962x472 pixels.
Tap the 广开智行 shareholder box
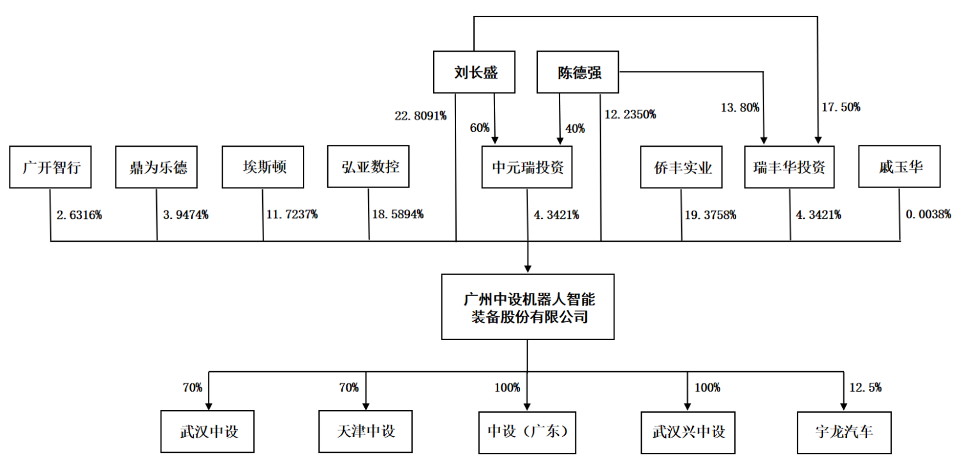tap(50, 168)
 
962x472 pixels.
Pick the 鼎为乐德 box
tap(156, 168)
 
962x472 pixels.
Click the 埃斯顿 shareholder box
tap(263, 168)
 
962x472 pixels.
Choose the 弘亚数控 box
tap(369, 168)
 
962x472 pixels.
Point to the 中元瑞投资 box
tap(528, 168)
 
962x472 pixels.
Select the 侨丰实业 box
tap(682, 168)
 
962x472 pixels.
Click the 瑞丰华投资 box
tap(789, 168)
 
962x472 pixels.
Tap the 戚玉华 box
tap(899, 168)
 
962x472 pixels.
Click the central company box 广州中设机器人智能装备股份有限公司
tap(528, 307)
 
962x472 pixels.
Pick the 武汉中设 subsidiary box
tap(208, 431)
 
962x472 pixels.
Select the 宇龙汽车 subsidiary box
tap(844, 431)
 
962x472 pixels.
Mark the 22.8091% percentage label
tap(420, 115)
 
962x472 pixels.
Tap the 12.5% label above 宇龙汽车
tap(866, 387)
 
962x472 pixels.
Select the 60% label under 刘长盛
tap(479, 128)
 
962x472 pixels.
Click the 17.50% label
tap(841, 107)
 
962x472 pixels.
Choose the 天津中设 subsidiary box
tap(366, 431)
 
